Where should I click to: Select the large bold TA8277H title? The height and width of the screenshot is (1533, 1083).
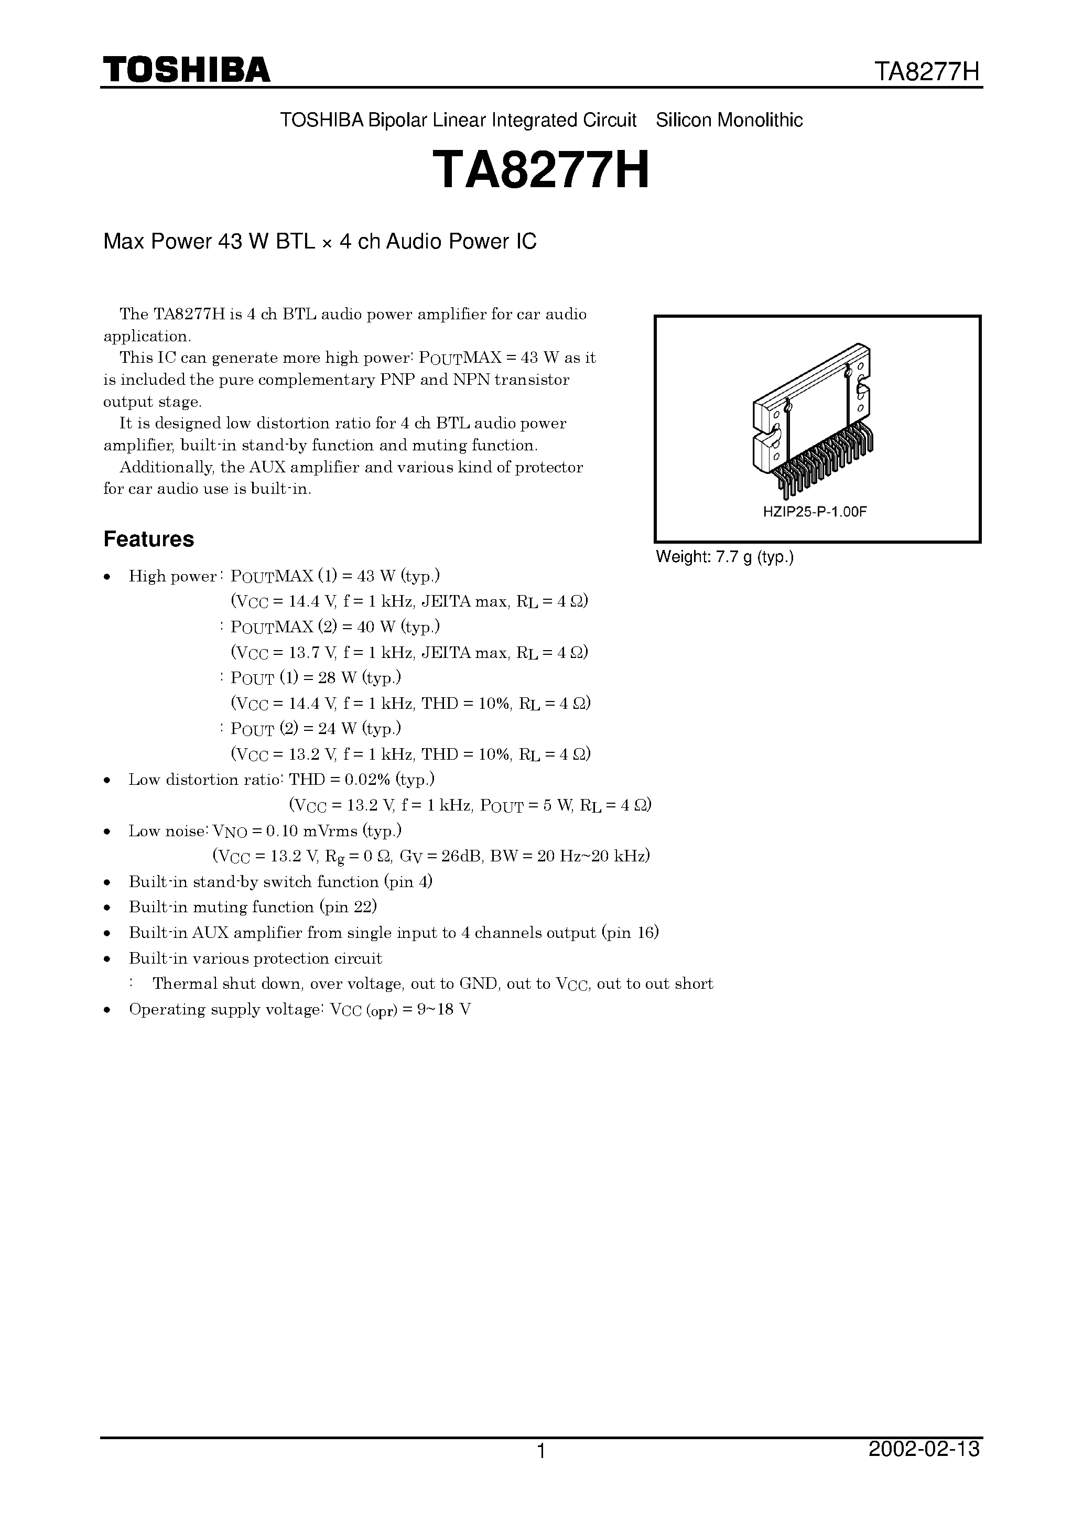[541, 170]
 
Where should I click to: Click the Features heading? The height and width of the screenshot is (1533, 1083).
[148, 539]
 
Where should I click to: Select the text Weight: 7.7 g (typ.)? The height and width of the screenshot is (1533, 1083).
[724, 557]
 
